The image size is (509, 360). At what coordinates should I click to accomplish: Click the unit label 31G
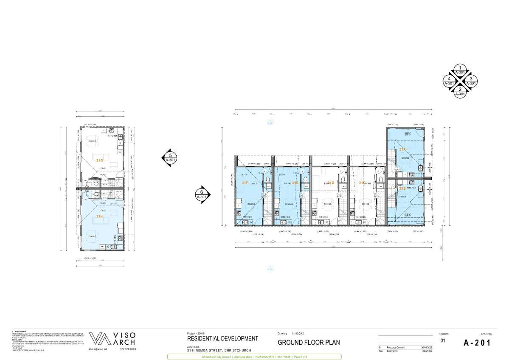[99, 160]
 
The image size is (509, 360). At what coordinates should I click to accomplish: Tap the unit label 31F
[245, 183]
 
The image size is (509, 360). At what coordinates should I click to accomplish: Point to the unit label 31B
[402, 188]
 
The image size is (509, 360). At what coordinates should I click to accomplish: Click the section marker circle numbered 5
[169, 158]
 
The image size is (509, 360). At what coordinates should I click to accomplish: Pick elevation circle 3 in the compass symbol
[470, 81]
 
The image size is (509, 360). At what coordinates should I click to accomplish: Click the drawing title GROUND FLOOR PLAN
[308, 343]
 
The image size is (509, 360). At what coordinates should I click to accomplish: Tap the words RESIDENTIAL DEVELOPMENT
[222, 338]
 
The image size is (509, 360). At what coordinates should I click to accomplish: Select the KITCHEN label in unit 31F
[247, 217]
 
